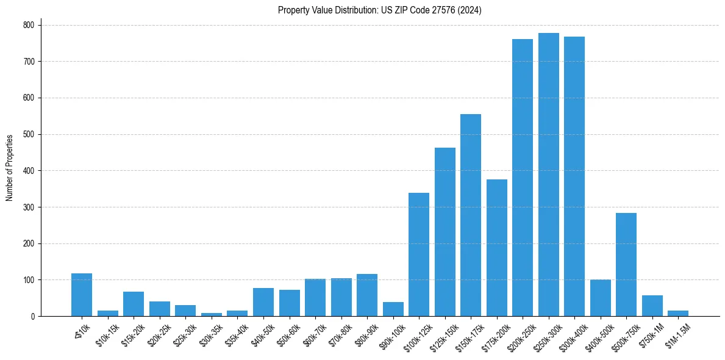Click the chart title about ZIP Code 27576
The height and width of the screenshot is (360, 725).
tap(379, 10)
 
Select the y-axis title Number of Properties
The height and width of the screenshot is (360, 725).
tap(10, 167)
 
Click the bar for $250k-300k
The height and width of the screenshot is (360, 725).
tap(548, 175)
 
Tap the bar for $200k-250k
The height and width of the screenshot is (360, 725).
tap(523, 178)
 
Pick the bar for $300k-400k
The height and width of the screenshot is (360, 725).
tap(574, 176)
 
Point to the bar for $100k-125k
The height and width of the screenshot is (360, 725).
tap(419, 254)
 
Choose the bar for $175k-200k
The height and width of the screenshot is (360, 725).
tap(496, 248)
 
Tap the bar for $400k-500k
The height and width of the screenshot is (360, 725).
tap(600, 298)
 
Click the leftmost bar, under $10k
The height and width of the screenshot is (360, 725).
tap(82, 295)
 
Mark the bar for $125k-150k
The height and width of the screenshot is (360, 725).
tap(445, 232)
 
